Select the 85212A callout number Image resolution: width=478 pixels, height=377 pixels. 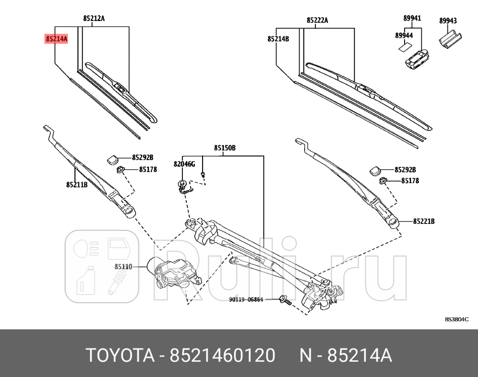[94, 19]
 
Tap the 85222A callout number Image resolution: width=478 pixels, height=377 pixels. [317, 20]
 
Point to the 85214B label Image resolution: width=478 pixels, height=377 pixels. [278, 38]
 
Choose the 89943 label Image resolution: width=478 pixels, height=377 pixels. [448, 21]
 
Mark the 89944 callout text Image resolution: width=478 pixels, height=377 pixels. [404, 35]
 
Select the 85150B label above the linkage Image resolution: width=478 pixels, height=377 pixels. [225, 147]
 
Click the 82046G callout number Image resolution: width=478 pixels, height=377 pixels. [184, 163]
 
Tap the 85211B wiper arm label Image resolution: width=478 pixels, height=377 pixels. [77, 185]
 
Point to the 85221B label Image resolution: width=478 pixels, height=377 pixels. [424, 221]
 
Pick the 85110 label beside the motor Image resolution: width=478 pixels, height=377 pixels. [123, 267]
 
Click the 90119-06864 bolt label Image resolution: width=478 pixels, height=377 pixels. [246, 299]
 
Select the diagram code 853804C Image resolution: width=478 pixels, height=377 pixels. [456, 319]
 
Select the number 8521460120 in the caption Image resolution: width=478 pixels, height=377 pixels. [222, 355]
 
